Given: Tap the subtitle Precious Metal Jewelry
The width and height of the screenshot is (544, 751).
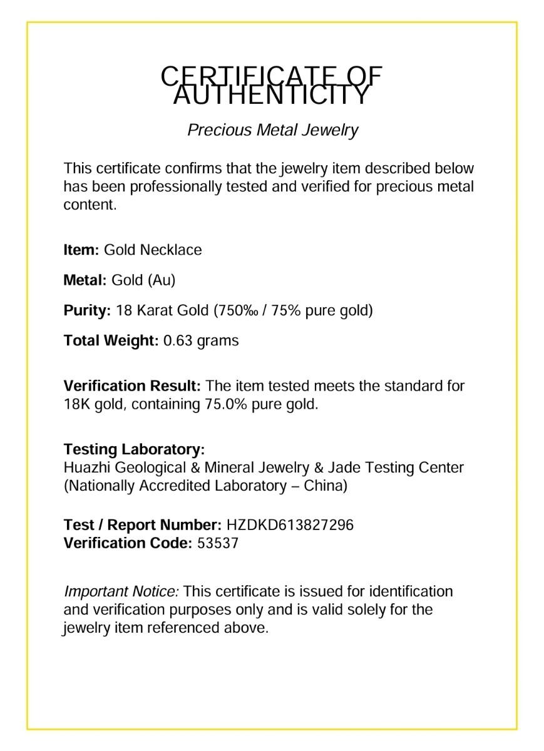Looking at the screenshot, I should (x=272, y=130).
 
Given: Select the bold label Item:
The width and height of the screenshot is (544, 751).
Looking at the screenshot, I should (x=81, y=250).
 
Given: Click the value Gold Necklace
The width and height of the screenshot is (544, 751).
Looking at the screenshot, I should (x=153, y=250).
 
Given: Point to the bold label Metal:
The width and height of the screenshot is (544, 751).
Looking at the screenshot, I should (x=85, y=280).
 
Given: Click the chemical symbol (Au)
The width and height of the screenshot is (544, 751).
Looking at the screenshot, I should (x=162, y=280).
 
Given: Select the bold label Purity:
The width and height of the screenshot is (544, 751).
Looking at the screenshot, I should (x=87, y=310).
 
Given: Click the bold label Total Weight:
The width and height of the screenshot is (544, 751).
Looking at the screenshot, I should (x=111, y=341).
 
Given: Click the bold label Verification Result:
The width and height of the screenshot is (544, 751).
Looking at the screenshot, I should (x=132, y=386).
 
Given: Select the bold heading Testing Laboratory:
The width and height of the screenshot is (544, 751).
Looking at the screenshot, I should (x=134, y=449).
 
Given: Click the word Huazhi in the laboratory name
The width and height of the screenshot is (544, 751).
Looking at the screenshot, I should (x=86, y=467).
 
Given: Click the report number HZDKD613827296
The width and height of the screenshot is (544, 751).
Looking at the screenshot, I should (x=290, y=525).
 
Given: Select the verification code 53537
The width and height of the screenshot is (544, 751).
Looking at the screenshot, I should (x=218, y=543).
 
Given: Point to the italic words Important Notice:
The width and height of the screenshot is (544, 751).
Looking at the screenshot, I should (x=121, y=591).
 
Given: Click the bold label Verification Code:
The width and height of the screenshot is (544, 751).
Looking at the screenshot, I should (x=128, y=543).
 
